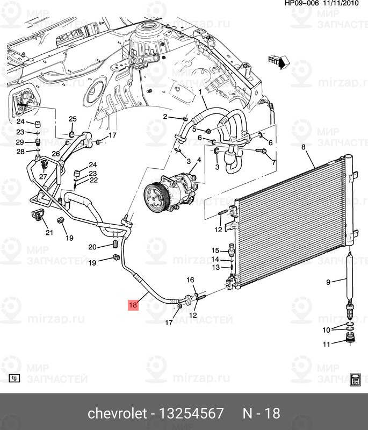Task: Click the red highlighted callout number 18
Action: coord(133,305)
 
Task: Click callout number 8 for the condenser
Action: coord(304,147)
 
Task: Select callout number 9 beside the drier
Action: coord(328,282)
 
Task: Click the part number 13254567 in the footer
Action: coord(191,413)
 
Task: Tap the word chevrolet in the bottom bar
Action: coord(117,413)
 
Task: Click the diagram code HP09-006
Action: coord(301,3)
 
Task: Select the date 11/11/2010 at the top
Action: coord(342,3)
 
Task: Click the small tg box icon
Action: coord(15,378)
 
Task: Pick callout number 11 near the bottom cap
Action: coord(326,344)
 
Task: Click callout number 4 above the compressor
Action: coord(199,160)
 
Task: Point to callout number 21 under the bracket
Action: coord(49,233)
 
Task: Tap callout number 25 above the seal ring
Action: coord(73,119)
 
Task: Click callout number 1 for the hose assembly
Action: coord(200,92)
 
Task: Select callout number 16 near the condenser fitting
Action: coord(190,279)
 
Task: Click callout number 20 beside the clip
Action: coord(92,247)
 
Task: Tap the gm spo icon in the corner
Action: coord(356,380)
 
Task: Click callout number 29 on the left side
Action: coord(20,142)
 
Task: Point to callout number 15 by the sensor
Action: coord(215,250)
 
